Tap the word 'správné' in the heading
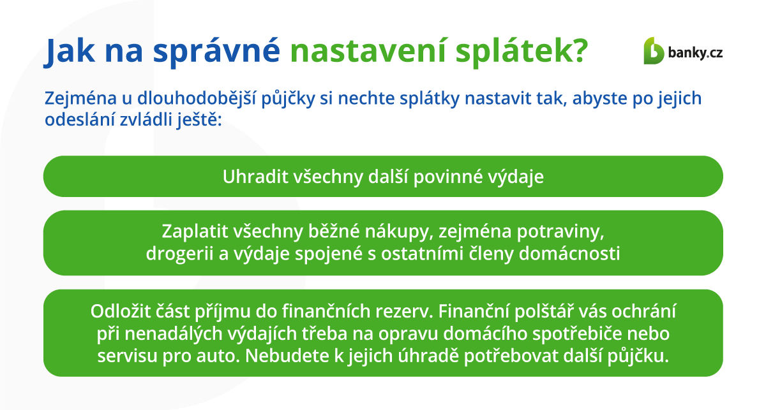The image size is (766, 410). click(216, 50)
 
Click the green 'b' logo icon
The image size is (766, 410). click(653, 50)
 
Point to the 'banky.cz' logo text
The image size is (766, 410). click(695, 53)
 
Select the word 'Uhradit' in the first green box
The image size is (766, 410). click(255, 177)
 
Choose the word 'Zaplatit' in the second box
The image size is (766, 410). click(195, 231)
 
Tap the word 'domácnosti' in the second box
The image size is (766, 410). click(569, 254)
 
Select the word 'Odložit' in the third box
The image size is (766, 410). click(121, 312)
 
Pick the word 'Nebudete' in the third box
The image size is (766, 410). click(287, 356)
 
